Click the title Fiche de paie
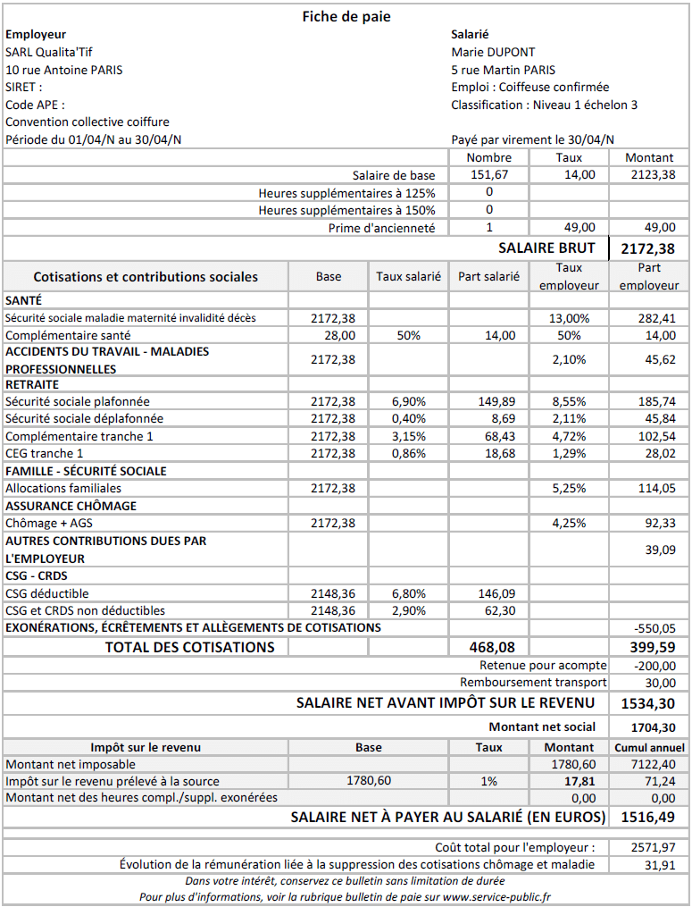pos(346,16)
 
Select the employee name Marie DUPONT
pos(493,52)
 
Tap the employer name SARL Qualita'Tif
pos(48,52)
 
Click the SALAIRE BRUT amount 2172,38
pos(648,248)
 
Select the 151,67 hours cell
pos(489,174)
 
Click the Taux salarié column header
pos(408,276)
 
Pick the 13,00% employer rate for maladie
pos(570,317)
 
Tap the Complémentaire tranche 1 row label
pos(79,436)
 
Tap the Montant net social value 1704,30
pos(652,727)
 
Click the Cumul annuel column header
pos(649,747)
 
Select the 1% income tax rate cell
pos(488,781)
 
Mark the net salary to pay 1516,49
pos(648,817)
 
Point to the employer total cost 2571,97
pos(654,846)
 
